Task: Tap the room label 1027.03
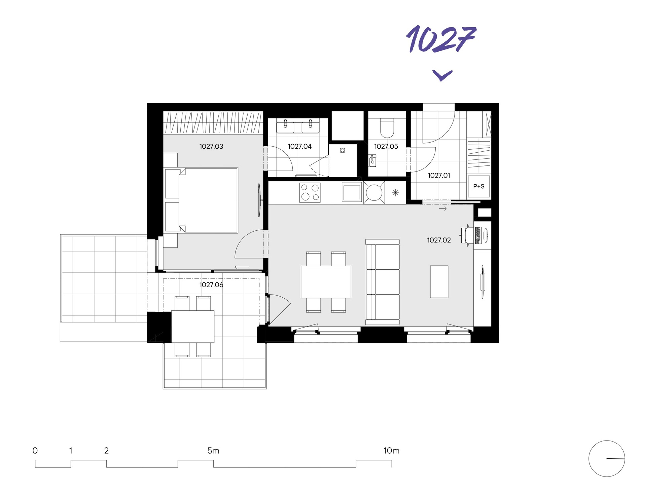tap(211, 146)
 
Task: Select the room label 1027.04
tap(299, 146)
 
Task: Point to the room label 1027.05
tap(386, 146)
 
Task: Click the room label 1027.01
tap(439, 175)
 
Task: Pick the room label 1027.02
tap(439, 240)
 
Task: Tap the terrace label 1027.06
tap(211, 285)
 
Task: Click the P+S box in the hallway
tap(479, 186)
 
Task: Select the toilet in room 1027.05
tap(387, 127)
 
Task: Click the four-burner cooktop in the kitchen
tap(310, 193)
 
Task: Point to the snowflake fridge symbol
tap(395, 193)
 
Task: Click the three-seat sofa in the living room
tap(383, 282)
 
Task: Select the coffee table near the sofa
tap(439, 281)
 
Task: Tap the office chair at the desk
tap(467, 235)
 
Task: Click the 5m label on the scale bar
tap(213, 451)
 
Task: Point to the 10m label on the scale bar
tap(391, 451)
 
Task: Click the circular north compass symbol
tap(606, 458)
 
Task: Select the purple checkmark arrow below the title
tap(442, 75)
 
